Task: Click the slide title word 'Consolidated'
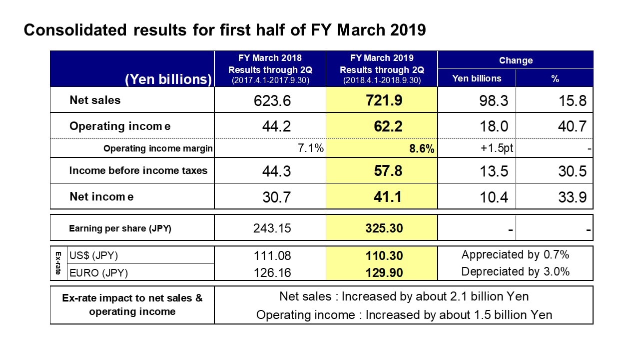point(75,30)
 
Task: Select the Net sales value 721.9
point(384,100)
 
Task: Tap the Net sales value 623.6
point(272,100)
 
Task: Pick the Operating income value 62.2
point(388,126)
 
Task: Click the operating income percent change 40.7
point(572,126)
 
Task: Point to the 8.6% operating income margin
point(422,148)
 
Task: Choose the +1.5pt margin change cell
point(497,148)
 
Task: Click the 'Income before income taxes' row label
point(138,170)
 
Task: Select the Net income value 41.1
point(388,196)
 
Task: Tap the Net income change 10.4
point(494,197)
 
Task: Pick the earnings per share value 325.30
point(384,228)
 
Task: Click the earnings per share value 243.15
point(272,228)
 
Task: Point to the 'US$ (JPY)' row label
point(94,255)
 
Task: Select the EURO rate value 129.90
point(384,272)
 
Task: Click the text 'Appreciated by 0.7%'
point(515,254)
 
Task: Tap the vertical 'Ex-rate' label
point(58,263)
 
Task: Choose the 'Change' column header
point(516,60)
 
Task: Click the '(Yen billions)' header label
point(168,79)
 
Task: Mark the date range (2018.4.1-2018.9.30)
point(382,80)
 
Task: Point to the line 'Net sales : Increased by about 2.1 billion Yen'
point(404,296)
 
